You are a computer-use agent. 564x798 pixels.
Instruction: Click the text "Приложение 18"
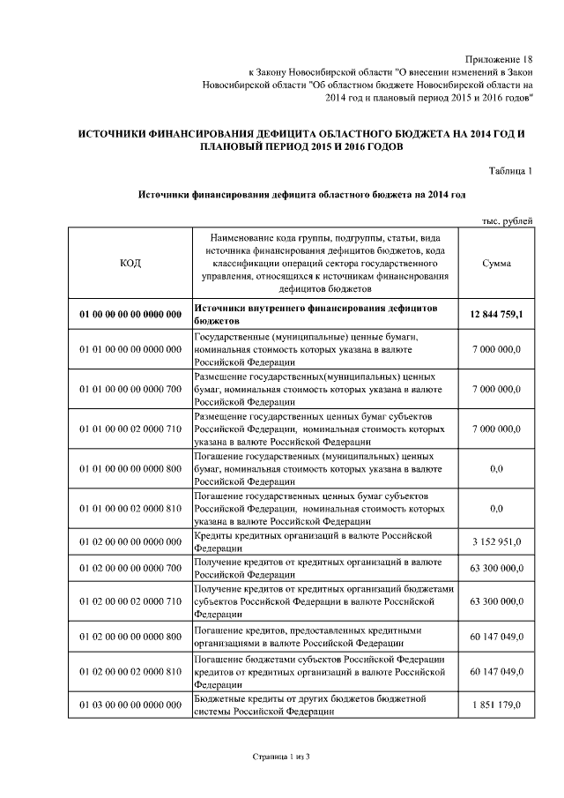click(498, 56)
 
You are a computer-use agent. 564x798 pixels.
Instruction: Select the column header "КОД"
click(130, 263)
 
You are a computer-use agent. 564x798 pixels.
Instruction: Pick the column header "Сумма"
click(496, 263)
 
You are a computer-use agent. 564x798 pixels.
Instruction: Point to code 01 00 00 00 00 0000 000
click(130, 315)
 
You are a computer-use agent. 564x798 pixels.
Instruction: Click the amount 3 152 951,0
click(496, 541)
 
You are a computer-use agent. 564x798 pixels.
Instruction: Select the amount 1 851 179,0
click(496, 705)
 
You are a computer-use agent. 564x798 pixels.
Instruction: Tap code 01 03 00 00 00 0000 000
click(130, 705)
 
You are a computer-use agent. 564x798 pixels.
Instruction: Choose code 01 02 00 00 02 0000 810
click(130, 672)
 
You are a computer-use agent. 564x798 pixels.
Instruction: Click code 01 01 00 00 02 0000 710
click(130, 429)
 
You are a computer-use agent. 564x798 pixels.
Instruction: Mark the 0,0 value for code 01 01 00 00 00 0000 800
click(496, 469)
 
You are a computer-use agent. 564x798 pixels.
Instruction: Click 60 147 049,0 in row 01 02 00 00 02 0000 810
click(496, 672)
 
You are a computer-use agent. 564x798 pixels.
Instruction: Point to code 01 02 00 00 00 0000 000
click(130, 541)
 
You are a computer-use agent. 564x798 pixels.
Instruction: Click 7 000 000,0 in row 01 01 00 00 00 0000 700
click(496, 388)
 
